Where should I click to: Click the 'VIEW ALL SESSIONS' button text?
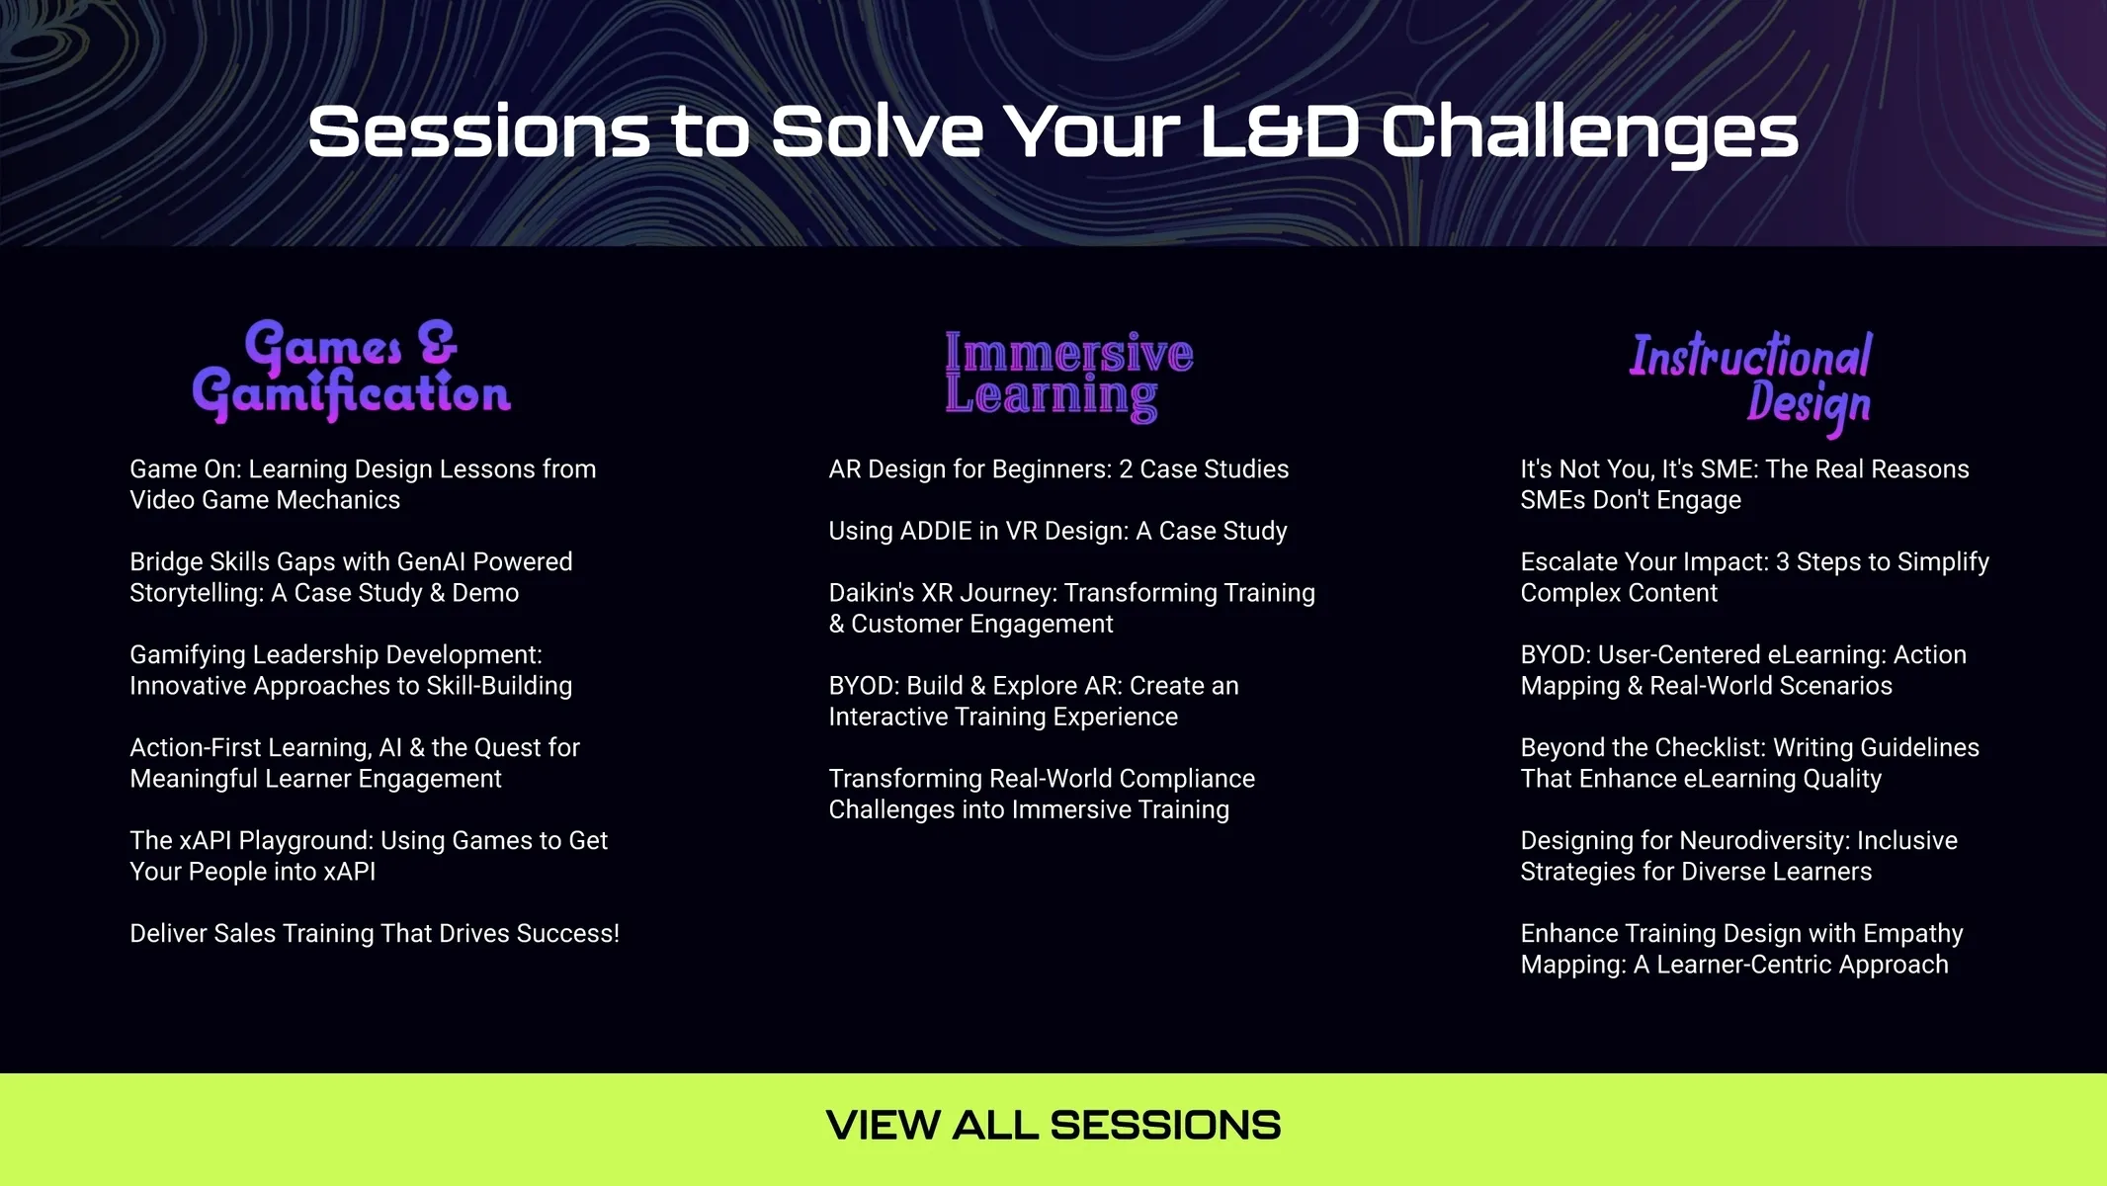tap(1053, 1125)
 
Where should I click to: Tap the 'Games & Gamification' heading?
tap(351, 371)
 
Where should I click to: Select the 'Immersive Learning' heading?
tap(1068, 376)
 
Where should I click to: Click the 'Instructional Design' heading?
tap(1750, 382)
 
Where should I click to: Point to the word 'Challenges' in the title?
tap(1589, 132)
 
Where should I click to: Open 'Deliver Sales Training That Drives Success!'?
tap(375, 933)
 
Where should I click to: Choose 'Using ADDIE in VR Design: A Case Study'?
tap(1057, 531)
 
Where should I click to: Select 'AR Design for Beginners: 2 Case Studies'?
tap(1058, 469)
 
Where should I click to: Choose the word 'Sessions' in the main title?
tap(479, 132)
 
